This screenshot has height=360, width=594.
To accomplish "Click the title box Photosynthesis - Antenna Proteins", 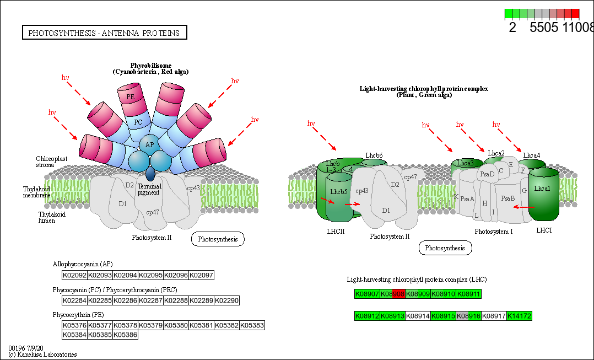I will (x=104, y=33).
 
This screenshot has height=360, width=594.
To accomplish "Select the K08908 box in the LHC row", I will (x=392, y=294).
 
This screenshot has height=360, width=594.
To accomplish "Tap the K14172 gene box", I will (x=519, y=316).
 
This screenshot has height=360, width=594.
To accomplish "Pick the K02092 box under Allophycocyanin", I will (x=74, y=275).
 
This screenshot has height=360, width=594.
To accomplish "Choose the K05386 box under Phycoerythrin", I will (x=125, y=334).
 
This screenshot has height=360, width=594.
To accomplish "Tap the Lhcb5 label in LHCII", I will (x=338, y=192).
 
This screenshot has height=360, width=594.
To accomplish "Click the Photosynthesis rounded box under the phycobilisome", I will (x=218, y=239).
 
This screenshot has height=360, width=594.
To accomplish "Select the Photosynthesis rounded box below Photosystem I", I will (x=445, y=248).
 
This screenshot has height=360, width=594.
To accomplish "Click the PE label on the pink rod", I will (x=130, y=97).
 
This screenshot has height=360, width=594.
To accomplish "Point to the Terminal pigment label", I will (x=149, y=189).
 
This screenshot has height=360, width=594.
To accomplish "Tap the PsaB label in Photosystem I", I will (x=508, y=197).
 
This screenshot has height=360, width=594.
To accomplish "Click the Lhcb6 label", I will (x=374, y=155).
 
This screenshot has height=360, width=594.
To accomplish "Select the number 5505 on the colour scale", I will (x=544, y=28).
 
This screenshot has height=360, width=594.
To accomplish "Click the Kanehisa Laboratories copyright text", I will (x=42, y=354).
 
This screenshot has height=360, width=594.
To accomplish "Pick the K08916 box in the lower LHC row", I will (x=468, y=316).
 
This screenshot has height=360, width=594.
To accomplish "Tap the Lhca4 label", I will (x=532, y=155).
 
